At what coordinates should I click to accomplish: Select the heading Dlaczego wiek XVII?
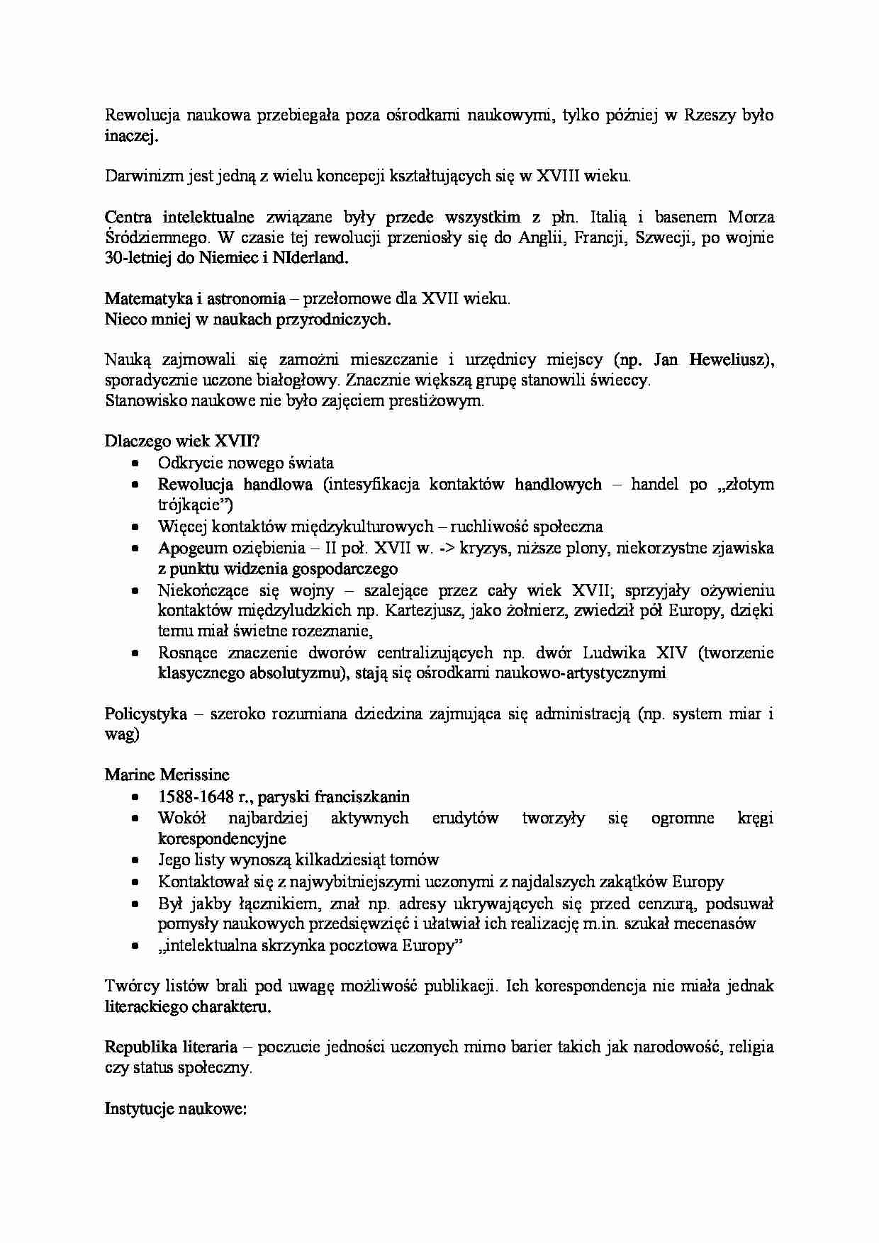point(182,441)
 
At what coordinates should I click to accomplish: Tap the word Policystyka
point(145,714)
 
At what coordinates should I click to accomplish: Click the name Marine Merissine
point(167,775)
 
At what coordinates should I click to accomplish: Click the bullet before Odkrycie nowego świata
point(136,464)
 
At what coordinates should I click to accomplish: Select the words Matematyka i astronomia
point(195,299)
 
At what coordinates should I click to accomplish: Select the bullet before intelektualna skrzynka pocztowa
point(136,946)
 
